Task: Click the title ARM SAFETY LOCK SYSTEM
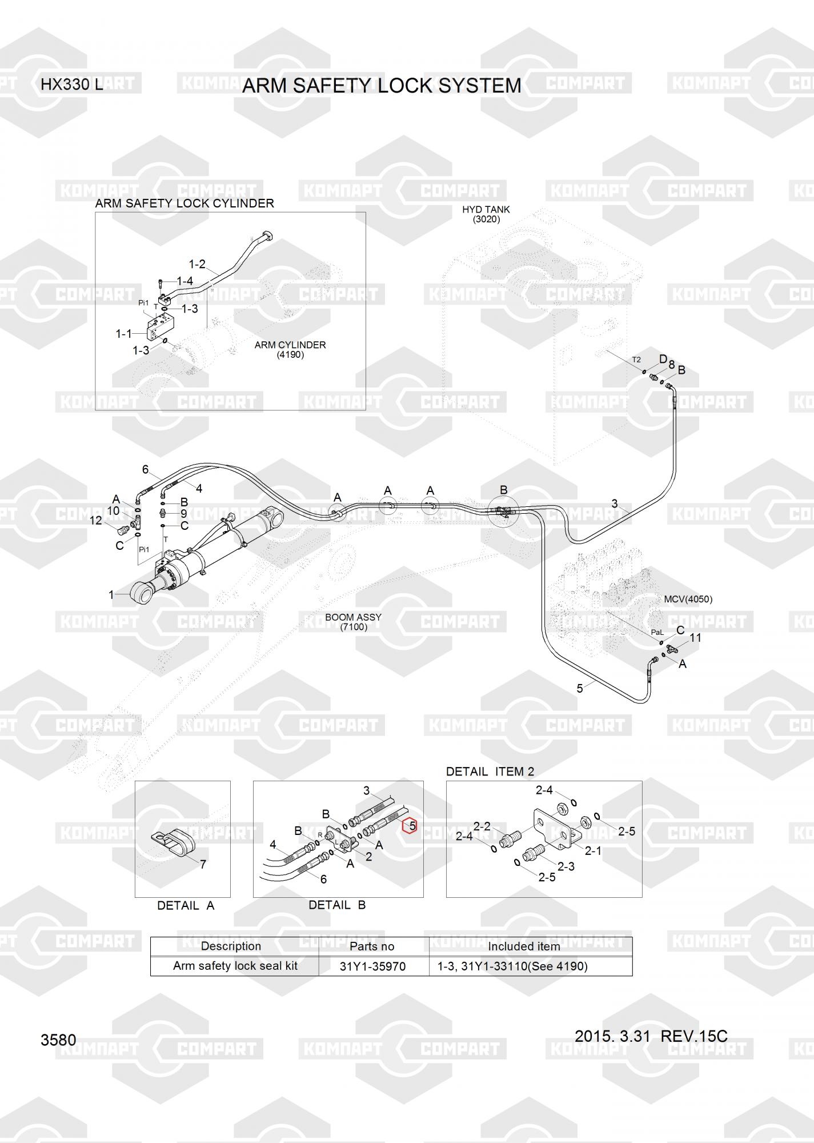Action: [382, 86]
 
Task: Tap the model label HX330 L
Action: [71, 85]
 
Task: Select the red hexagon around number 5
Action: [410, 826]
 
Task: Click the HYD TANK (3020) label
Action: [486, 214]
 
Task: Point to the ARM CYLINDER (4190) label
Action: [290, 350]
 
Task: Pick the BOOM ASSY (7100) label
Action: [353, 622]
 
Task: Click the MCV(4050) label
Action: [688, 600]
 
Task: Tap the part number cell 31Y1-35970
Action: [372, 966]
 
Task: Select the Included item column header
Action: [524, 946]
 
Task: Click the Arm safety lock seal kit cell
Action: [235, 966]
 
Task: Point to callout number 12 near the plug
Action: [95, 520]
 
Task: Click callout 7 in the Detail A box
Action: [203, 865]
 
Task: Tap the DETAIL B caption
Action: [337, 905]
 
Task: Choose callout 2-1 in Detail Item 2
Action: [593, 851]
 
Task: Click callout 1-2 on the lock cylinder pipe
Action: [197, 264]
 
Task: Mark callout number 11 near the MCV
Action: [695, 638]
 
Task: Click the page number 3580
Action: [58, 1040]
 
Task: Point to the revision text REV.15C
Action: [693, 1037]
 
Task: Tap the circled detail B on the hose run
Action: [503, 511]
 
